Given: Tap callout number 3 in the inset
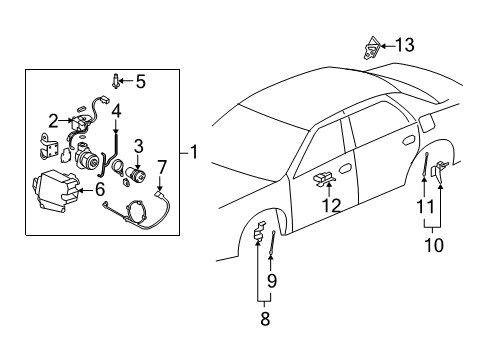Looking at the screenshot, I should coord(139,146).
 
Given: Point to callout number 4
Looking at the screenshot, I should coord(116,110).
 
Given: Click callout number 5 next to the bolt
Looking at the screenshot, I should coord(140,81).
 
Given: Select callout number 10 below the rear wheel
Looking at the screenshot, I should coord(431,243).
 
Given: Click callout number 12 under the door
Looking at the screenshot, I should coord(330,205).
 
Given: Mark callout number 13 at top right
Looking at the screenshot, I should coord(404,45).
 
